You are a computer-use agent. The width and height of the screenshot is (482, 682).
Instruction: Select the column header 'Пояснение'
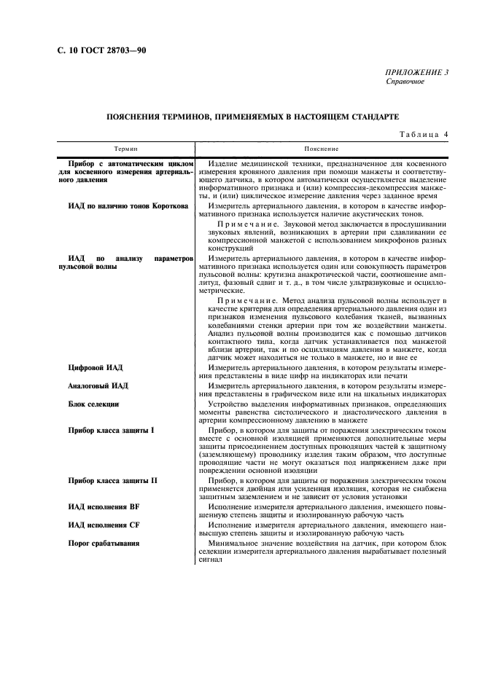point(316,147)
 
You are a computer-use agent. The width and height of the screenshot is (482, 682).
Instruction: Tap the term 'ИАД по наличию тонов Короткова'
point(128,207)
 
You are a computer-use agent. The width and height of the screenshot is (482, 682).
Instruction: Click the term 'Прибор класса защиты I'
point(111,431)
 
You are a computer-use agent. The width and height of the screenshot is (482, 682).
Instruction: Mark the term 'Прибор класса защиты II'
point(112,482)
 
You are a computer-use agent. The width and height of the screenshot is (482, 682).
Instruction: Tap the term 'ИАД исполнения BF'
point(98,506)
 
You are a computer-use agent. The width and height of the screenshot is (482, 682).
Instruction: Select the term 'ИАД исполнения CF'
point(98,525)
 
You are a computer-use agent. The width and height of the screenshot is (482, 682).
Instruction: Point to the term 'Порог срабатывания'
point(104,543)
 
